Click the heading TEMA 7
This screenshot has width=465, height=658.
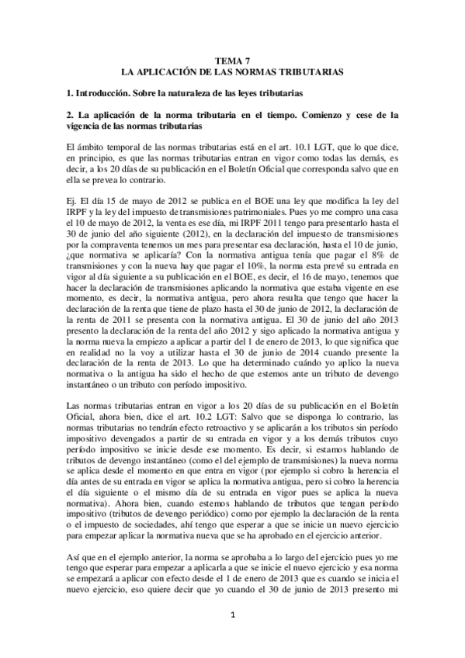[233, 59]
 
